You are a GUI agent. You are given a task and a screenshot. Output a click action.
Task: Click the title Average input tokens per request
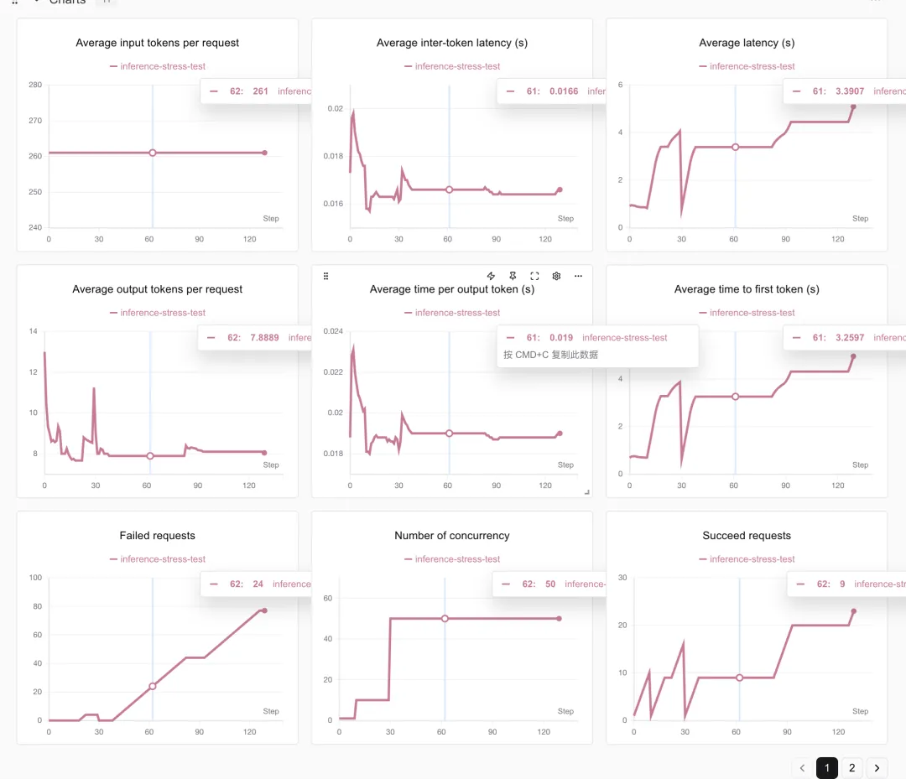coord(158,43)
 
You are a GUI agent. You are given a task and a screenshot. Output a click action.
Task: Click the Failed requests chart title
coord(158,536)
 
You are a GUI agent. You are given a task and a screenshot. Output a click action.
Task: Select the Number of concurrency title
coord(452,536)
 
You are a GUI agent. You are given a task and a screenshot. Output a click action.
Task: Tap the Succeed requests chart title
coord(747,536)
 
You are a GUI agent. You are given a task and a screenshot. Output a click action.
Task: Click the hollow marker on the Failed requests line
coord(153,686)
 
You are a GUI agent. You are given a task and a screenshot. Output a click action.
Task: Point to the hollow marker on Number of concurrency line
coord(445,618)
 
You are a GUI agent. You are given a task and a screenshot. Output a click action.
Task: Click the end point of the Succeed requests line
coord(853,610)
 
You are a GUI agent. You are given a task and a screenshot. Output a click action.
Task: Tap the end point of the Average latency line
coord(853,106)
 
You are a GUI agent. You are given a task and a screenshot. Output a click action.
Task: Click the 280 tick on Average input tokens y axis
coord(34,85)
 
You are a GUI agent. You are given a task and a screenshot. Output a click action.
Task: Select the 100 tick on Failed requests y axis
coord(34,578)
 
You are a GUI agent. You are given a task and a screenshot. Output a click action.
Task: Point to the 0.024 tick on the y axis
coord(333,331)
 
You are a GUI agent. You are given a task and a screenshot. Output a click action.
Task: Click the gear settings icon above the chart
coord(556,276)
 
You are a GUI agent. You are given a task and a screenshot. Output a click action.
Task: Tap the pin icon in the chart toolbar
coord(513,276)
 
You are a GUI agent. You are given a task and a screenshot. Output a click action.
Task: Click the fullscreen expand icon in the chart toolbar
coord(534,276)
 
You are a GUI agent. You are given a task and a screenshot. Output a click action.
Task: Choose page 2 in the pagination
coord(851,767)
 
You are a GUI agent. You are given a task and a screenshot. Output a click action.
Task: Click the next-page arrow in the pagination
coord(877,767)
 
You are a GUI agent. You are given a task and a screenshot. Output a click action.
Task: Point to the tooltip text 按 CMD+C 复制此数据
coord(550,355)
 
